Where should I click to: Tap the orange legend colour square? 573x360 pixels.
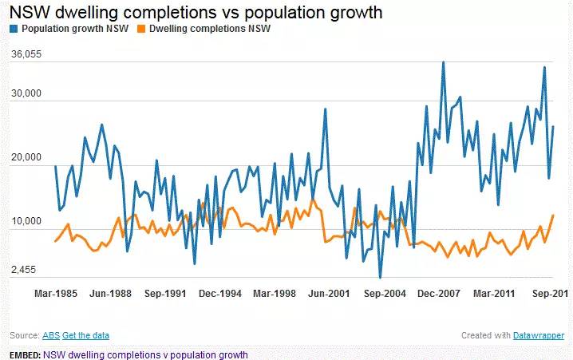143,29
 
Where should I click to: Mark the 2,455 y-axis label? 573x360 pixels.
26,270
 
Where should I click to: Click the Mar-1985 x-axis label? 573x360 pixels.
56,294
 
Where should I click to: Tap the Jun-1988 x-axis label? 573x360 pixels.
110,294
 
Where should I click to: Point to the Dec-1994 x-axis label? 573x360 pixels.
219,294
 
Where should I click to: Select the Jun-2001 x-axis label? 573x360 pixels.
329,294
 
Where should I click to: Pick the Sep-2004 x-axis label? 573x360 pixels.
384,294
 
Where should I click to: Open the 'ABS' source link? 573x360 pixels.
50,335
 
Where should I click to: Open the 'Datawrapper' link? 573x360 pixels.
539,335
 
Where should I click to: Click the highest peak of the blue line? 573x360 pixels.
444,62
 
